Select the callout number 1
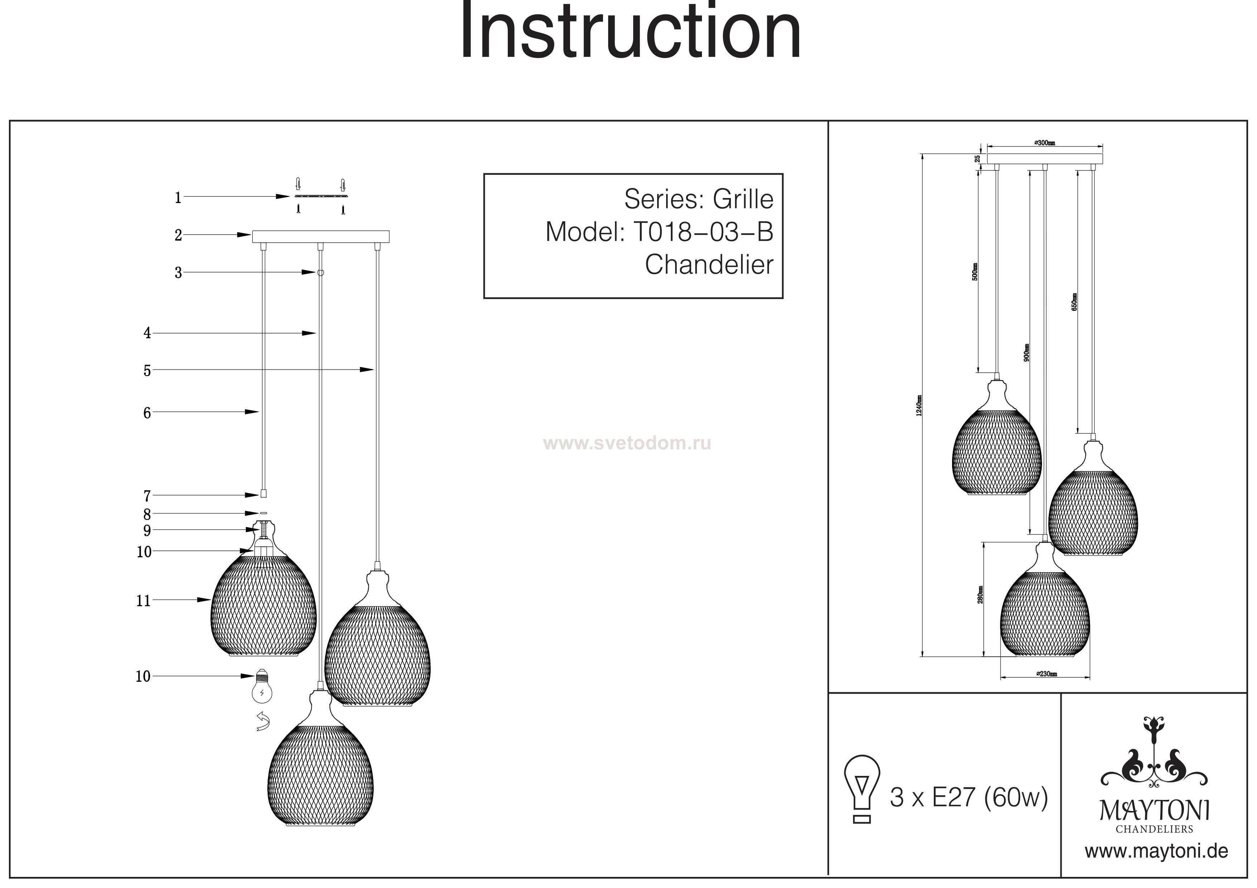click(x=178, y=198)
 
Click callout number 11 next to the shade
click(x=143, y=601)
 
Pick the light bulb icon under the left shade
click(x=262, y=687)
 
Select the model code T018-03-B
click(x=703, y=232)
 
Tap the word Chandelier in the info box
click(x=709, y=265)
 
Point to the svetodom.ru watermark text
click(x=627, y=443)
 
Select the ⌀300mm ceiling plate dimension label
click(x=1045, y=143)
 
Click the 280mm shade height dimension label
click(x=980, y=595)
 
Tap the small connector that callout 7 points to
click(x=263, y=493)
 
